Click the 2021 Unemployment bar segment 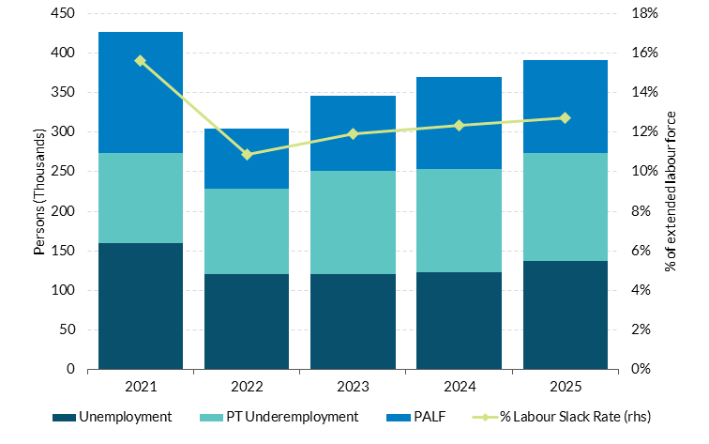click(141, 306)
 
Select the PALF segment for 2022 click(247, 159)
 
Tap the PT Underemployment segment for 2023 click(353, 222)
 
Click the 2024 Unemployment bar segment click(460, 320)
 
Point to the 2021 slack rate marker click(141, 60)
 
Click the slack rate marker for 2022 click(247, 154)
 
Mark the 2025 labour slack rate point click(566, 117)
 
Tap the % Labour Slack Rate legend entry click(564, 416)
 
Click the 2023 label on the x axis click(353, 385)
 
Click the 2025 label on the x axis click(566, 385)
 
